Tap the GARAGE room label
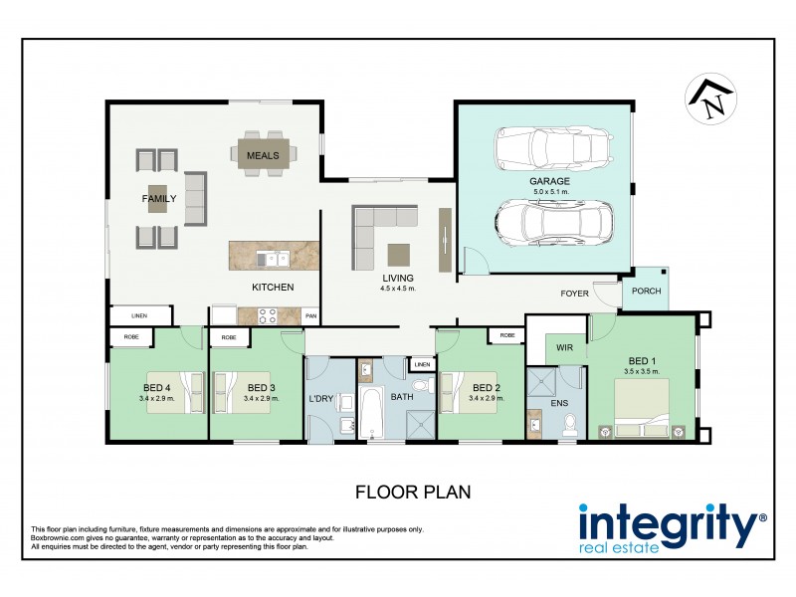click(549, 182)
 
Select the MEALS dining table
click(263, 155)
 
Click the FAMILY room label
click(158, 199)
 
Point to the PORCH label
click(647, 293)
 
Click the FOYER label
click(575, 294)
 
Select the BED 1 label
click(641, 359)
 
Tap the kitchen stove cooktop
click(268, 315)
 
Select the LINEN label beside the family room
click(139, 315)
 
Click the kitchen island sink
click(274, 259)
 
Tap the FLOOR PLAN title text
click(412, 492)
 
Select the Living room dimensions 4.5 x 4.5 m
click(397, 289)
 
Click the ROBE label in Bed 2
click(507, 336)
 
